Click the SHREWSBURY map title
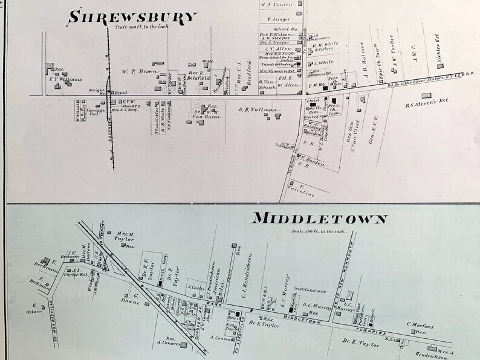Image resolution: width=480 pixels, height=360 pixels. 133,16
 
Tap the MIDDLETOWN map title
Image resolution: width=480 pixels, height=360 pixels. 319,219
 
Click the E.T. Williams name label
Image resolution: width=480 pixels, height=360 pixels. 66,78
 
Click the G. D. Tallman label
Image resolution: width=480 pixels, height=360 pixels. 258,109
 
